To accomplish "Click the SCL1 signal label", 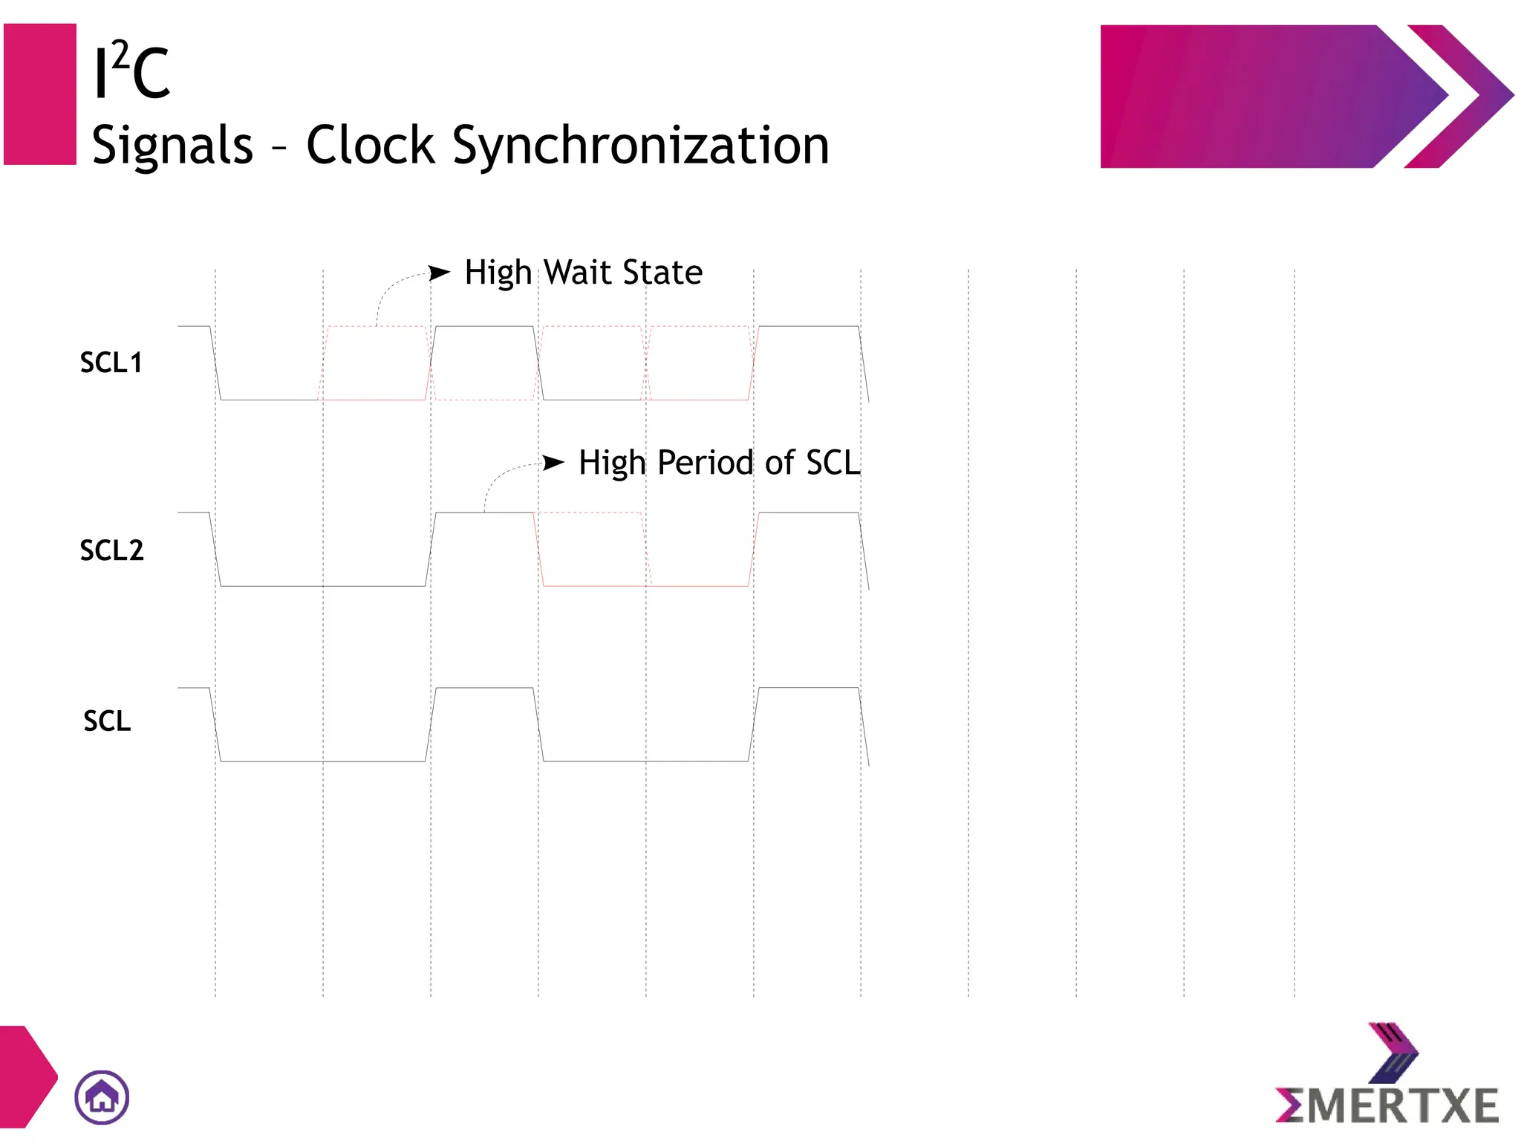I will tap(111, 363).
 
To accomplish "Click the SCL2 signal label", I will tap(111, 550).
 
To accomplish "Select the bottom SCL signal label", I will tap(107, 721).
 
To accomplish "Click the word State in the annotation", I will tap(663, 273).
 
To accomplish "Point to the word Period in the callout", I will tap(706, 464).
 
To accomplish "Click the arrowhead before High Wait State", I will tap(440, 273).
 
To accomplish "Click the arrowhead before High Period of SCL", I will tap(553, 463).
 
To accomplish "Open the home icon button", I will tap(102, 1097).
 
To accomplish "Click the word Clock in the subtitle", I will tap(370, 145).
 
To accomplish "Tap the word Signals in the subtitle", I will tap(172, 146).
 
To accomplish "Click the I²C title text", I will tap(132, 72).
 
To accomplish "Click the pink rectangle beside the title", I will tap(40, 94).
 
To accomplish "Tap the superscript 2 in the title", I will tap(121, 53).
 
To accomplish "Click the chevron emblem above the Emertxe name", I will tap(1392, 1052).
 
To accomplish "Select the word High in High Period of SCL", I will tap(612, 464).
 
